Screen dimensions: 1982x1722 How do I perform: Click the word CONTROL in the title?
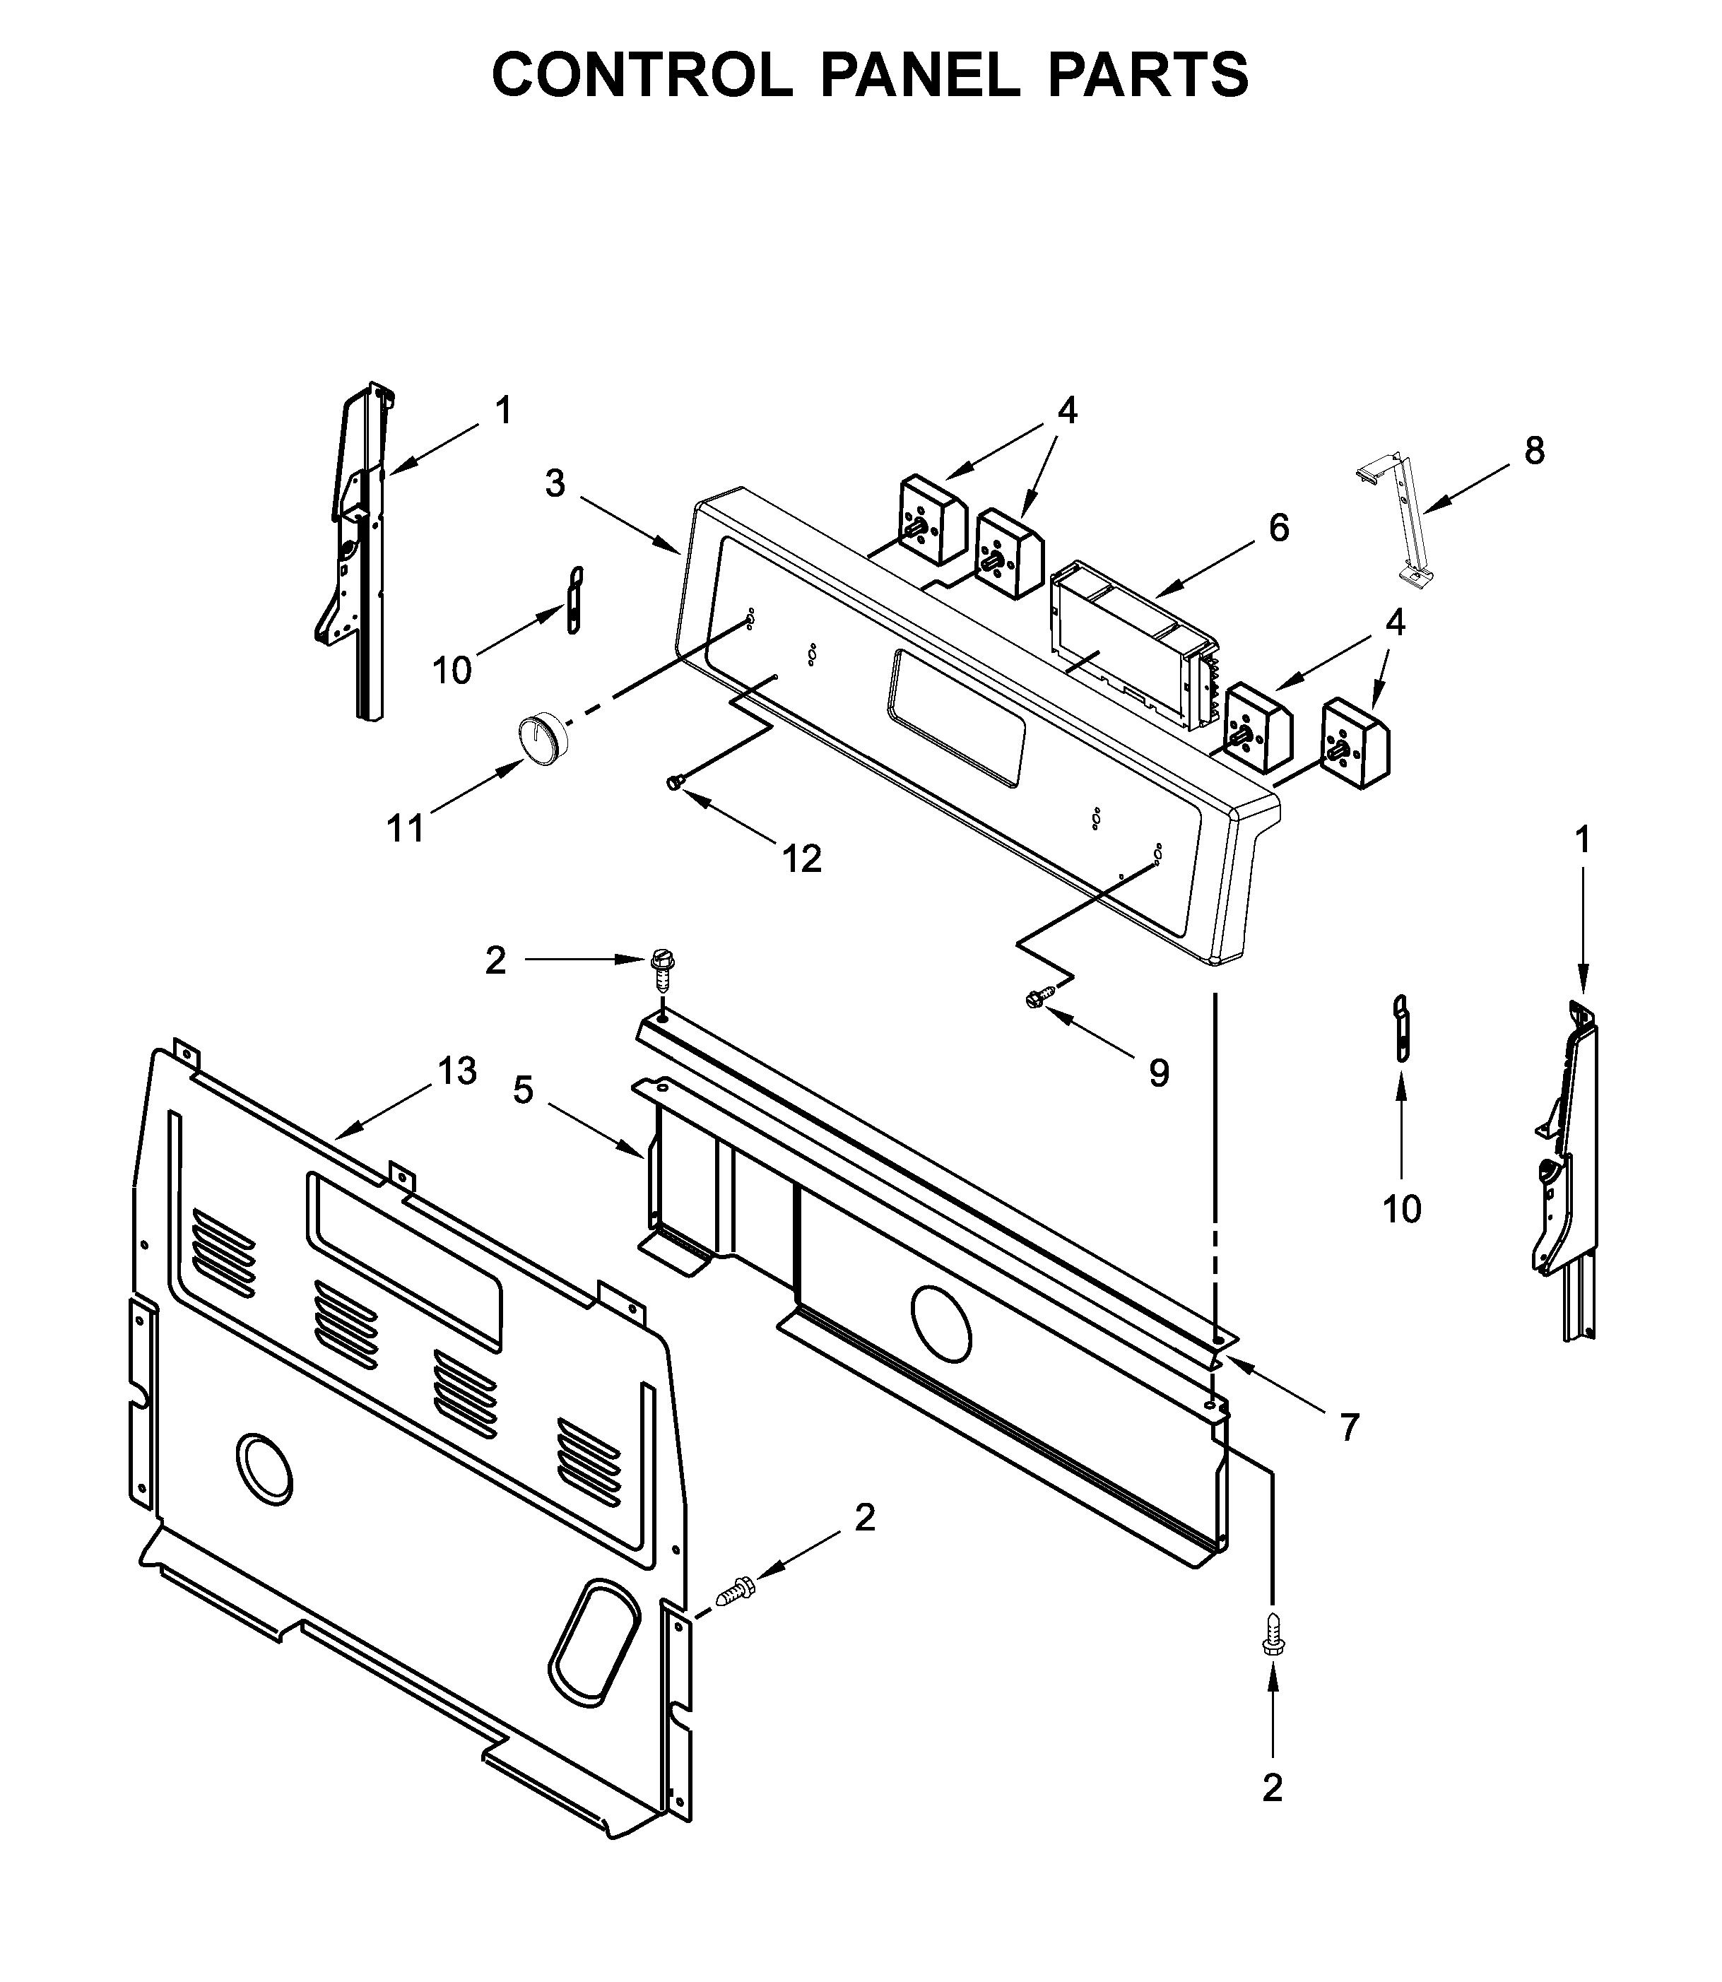pos(642,75)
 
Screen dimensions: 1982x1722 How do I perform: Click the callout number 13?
pos(456,1070)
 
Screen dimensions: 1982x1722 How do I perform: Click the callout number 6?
pos(1278,527)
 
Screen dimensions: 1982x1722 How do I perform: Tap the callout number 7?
pos(1349,1429)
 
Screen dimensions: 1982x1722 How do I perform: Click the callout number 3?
pos(555,484)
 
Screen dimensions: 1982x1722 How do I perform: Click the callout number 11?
pos(405,827)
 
